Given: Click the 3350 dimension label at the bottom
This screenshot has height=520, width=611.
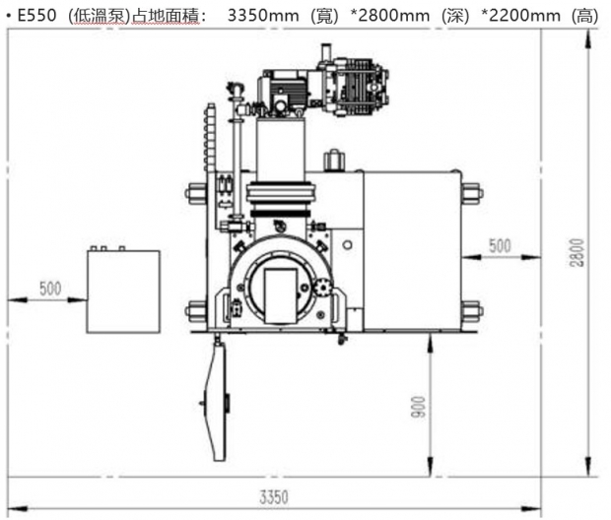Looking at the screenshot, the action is tap(274, 497).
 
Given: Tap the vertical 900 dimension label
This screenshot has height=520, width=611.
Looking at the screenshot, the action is tap(418, 407).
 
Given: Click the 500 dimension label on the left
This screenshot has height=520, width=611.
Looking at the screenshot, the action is tap(50, 289).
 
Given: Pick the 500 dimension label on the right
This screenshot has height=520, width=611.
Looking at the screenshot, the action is tap(500, 246).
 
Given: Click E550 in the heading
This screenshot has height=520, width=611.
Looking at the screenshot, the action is tap(37, 16).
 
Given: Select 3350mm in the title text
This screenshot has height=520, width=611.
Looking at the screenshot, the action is tap(263, 16).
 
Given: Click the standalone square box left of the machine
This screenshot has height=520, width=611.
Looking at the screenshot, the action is tap(123, 292).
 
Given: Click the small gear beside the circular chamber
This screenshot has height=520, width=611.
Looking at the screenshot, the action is tap(323, 288).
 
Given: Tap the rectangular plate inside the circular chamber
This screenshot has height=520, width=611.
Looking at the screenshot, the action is tap(281, 296).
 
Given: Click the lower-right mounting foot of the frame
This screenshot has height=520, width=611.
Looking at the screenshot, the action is tap(473, 311).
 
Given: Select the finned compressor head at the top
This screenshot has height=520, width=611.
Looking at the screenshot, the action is tap(362, 87).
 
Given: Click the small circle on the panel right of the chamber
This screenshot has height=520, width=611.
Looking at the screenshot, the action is tap(347, 245).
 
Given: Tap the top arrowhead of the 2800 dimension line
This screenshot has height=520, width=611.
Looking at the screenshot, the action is tap(588, 39).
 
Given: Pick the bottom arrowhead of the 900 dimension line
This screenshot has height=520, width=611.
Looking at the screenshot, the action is tap(430, 467).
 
